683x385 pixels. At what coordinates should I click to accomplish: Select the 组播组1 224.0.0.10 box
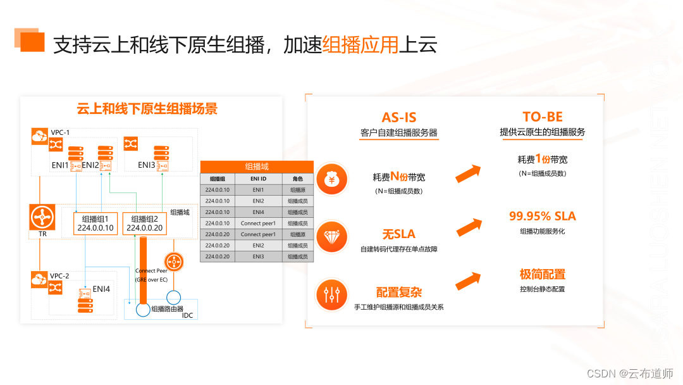(95, 223)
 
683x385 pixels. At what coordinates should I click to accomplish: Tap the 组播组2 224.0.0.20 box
(145, 223)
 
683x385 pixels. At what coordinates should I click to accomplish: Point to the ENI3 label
(147, 165)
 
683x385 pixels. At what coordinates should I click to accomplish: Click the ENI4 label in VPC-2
(102, 289)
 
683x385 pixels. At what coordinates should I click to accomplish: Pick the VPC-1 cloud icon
(39, 135)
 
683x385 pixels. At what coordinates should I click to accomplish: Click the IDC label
(188, 315)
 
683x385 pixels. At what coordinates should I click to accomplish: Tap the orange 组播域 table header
(257, 167)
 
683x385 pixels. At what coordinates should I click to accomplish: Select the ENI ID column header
(258, 179)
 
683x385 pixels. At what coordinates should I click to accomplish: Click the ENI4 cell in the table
(258, 212)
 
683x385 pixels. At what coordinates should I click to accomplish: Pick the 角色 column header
(298, 179)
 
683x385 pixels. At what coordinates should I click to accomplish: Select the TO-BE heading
(543, 117)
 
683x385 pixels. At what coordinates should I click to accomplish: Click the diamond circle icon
(332, 237)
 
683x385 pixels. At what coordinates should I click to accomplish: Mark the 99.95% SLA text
(543, 217)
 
